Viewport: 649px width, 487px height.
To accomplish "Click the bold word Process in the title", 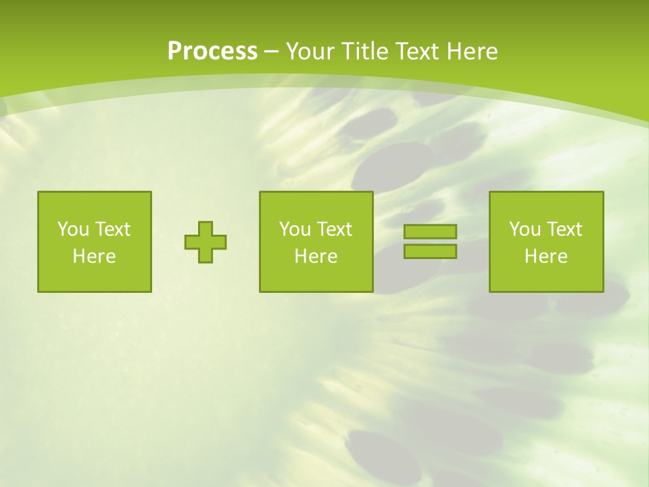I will coord(212,51).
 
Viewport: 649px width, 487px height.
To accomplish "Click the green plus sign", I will coord(206,242).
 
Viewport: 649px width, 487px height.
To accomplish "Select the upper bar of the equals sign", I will coord(430,232).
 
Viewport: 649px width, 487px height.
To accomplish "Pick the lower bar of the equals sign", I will coord(430,251).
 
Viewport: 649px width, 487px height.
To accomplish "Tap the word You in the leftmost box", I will coord(72,229).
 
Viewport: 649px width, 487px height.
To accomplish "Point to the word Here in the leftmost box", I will coord(95,256).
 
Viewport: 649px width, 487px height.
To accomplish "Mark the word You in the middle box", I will coord(294,229).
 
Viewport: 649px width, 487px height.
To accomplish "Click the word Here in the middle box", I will coord(316,256).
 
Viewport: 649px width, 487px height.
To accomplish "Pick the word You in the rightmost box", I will coord(524,229).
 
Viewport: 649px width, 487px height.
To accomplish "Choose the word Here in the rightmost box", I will coord(546,256).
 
